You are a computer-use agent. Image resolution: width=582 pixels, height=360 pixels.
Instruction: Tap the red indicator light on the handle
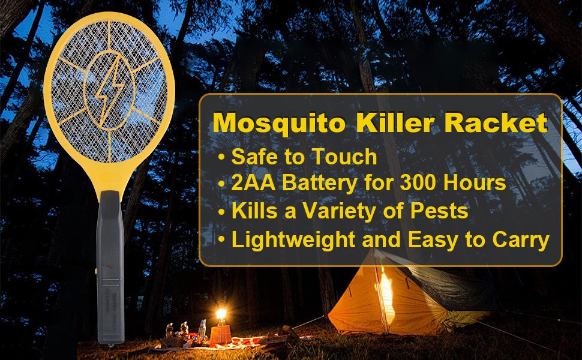[x=110, y=266]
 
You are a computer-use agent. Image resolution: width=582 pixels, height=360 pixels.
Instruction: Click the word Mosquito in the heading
[x=280, y=123]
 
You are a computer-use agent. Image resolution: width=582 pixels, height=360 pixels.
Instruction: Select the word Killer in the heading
[x=395, y=122]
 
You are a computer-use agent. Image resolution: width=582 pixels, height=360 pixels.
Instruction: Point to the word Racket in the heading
[x=496, y=122]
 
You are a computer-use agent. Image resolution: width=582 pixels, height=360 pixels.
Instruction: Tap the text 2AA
[x=253, y=182]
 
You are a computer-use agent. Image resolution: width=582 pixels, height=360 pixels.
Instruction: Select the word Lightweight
[x=293, y=241]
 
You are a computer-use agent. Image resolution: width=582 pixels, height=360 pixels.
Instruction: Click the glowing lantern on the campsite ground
[x=221, y=316]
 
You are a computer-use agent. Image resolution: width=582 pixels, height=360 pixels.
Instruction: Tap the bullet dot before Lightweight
[x=221, y=240]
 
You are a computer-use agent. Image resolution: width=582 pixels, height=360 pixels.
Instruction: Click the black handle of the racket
[x=110, y=267]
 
